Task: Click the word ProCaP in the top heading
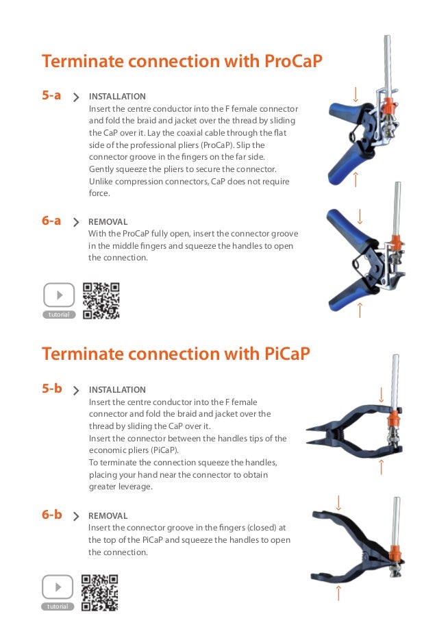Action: (293, 61)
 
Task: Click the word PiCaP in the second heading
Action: (288, 353)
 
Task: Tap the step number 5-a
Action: (51, 95)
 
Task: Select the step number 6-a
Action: (51, 221)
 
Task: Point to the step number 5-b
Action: (52, 388)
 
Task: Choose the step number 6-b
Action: (52, 514)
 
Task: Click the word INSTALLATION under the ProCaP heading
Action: (117, 97)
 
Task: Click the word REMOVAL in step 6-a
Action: (108, 222)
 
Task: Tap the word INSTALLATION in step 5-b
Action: (117, 390)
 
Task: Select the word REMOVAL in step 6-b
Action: (108, 516)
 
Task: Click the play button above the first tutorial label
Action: (59, 295)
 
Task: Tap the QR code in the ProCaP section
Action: (101, 301)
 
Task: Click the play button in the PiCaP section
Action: (58, 587)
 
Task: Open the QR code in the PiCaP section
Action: (100, 593)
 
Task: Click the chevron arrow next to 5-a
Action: (76, 97)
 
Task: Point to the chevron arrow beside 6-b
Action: (76, 516)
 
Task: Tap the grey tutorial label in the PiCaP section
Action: (58, 607)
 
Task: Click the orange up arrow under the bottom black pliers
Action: (338, 593)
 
